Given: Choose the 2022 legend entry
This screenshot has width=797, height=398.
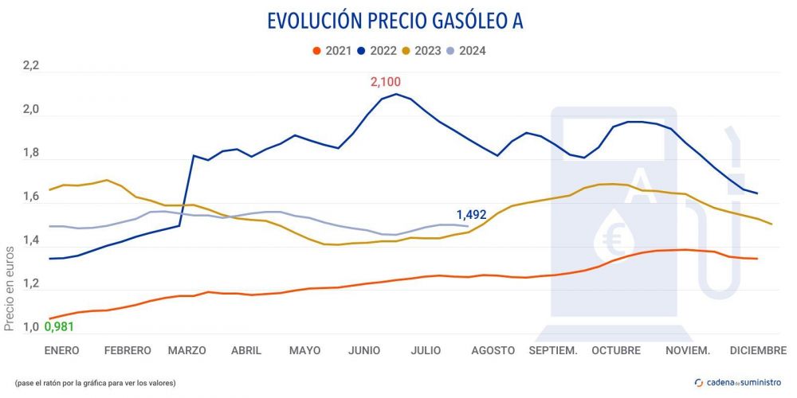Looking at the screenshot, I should (x=378, y=51).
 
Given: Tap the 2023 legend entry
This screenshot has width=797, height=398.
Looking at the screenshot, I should (x=422, y=51).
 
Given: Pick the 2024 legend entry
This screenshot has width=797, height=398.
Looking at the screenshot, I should (x=467, y=51).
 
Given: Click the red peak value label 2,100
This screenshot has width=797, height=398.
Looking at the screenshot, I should (x=386, y=82).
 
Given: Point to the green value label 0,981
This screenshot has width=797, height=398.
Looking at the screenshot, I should (x=60, y=326).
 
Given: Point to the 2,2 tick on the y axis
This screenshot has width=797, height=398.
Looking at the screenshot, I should (x=30, y=67).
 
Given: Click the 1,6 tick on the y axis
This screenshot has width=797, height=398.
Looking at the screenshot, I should (x=30, y=197).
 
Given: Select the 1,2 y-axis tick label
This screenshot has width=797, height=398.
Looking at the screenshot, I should (x=30, y=284).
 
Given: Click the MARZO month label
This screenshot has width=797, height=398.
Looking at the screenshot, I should (x=186, y=350).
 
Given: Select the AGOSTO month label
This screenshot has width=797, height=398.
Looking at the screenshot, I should (x=493, y=350).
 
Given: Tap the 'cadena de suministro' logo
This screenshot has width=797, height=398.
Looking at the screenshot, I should (x=739, y=383).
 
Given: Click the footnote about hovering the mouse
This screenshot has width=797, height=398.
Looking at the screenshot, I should (x=95, y=383).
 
